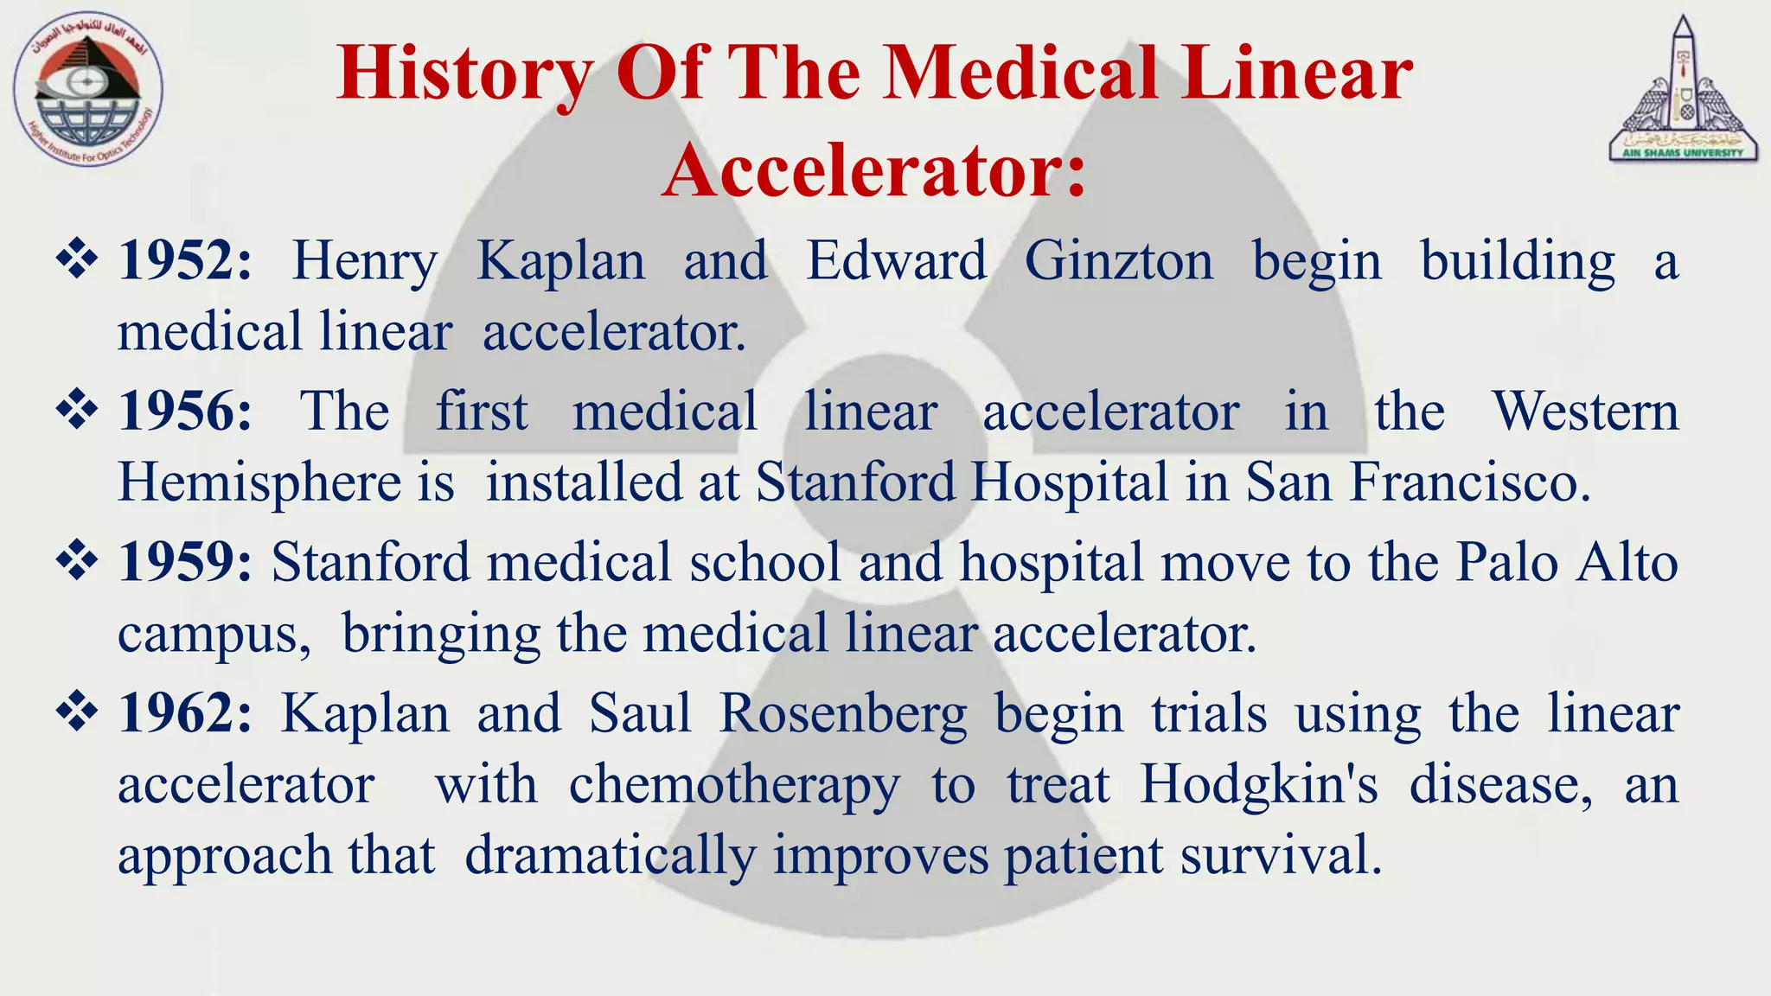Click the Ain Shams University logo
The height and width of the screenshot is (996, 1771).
1683,91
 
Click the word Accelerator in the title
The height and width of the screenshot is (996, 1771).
873,170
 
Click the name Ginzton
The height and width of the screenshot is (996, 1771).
1119,260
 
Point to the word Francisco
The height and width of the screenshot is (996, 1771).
1469,482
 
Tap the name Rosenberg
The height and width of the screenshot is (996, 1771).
842,715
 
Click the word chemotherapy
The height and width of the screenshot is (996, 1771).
734,786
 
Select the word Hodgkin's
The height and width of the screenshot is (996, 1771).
1258,785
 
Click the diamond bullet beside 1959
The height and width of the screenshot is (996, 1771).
77,560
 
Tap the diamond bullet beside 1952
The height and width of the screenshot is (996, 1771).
77,259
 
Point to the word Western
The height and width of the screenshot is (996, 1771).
1586,411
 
